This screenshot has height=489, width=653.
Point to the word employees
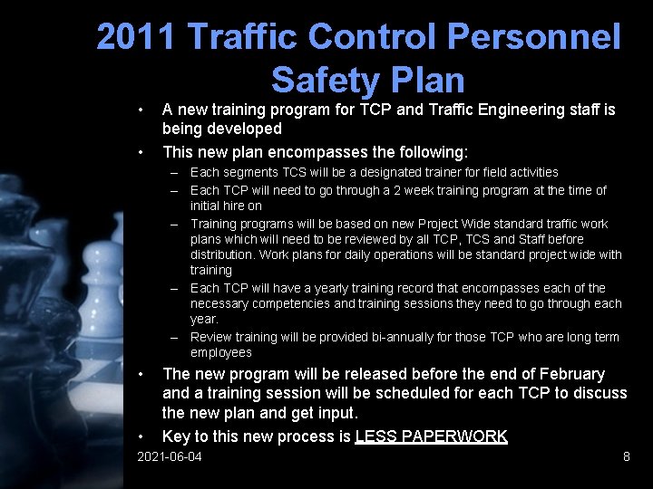coord(220,352)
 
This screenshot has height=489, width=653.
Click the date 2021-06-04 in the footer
coord(169,457)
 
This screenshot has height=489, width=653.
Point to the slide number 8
coord(626,457)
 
